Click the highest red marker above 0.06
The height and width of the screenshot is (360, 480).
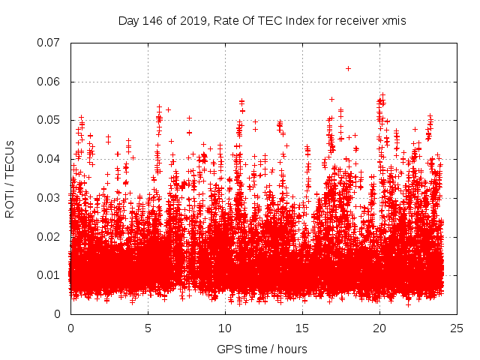coord(348,68)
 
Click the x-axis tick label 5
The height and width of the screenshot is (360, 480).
coord(148,328)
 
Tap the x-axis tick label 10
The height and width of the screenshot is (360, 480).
coord(225,328)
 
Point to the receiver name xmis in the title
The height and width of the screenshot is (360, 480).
coord(393,21)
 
